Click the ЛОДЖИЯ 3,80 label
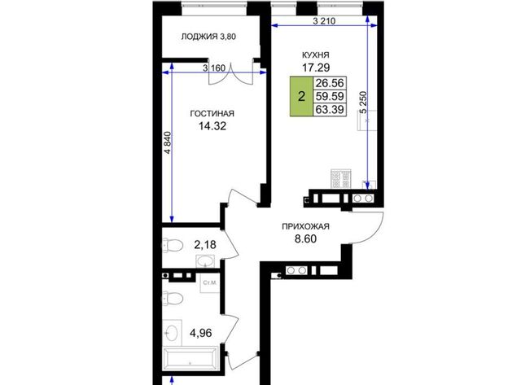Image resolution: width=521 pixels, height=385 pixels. click(208, 37)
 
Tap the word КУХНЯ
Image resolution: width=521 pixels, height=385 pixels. click(315, 55)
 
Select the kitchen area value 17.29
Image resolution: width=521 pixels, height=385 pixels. click(316, 68)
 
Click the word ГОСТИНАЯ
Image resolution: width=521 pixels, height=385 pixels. click(212, 114)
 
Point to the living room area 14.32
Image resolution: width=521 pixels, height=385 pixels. click(212, 126)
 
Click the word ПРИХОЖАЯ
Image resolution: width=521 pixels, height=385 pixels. click(305, 226)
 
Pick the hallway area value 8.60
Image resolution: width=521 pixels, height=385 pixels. click(306, 238)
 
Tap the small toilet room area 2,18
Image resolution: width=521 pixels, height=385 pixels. click(205, 245)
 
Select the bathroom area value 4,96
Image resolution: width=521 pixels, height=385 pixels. click(201, 333)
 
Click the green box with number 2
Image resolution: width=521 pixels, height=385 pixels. click(301, 97)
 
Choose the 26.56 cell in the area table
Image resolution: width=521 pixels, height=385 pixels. click(330, 83)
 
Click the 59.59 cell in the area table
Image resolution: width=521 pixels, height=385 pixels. click(330, 96)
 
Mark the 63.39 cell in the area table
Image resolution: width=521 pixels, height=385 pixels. click(330, 109)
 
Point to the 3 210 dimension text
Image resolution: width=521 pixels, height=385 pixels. click(324, 21)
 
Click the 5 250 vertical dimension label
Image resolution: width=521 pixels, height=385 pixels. click(364, 103)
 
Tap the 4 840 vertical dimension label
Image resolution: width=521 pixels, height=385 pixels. click(169, 142)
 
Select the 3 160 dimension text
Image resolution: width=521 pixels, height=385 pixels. click(214, 68)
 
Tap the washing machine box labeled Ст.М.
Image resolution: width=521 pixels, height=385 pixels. click(210, 283)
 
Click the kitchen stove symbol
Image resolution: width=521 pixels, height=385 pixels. click(341, 179)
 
